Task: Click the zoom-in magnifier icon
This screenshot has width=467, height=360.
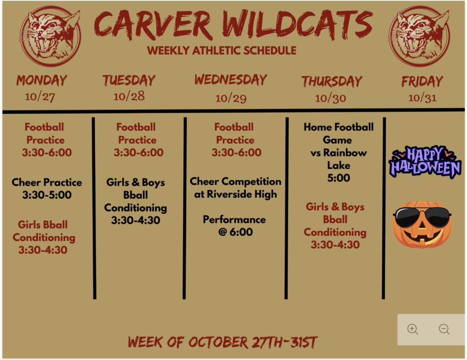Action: coord(413,329)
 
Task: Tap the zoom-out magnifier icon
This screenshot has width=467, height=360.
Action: coord(444,329)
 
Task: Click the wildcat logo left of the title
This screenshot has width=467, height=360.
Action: coord(50,36)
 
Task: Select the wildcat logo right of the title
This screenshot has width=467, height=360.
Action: coord(419,36)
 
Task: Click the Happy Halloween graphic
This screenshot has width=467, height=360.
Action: coord(425,162)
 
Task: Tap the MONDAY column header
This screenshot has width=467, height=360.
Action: coord(42,81)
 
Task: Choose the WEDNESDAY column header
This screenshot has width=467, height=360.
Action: coord(231,79)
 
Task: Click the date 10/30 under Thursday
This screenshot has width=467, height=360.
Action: coord(331,99)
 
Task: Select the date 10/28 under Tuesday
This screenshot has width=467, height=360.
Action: coord(129,96)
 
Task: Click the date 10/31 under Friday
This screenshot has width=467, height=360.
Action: coord(422,98)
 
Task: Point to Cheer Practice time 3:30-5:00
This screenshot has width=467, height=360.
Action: coord(47,195)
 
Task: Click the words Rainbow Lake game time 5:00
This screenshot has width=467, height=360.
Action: coord(338,178)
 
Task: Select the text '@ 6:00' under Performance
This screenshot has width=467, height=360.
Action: coord(235,232)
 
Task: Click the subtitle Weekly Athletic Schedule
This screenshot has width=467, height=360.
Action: coord(222,50)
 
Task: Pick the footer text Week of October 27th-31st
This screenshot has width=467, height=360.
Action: coord(223,342)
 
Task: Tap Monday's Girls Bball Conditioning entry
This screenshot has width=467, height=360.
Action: coord(43,237)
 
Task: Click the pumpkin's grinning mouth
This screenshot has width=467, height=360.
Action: coord(422,236)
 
